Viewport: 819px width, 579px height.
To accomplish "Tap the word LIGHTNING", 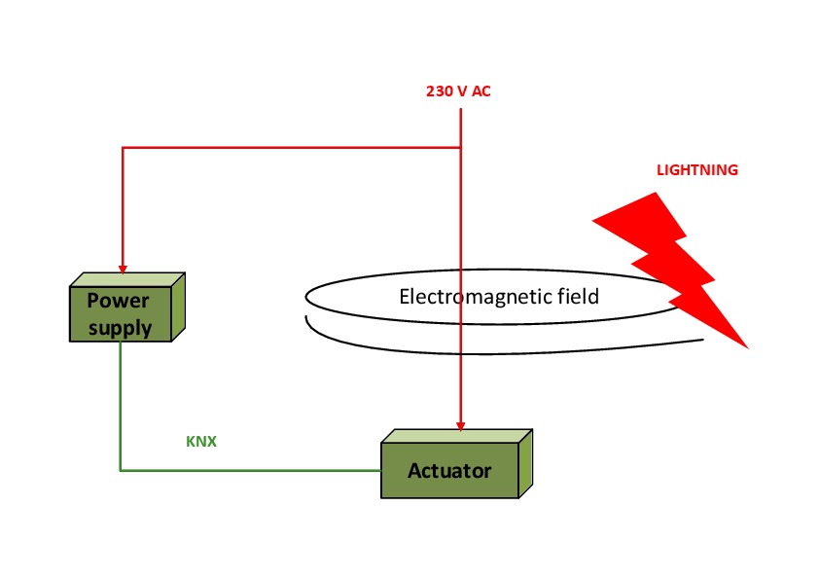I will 696,170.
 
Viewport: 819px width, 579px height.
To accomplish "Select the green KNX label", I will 201,441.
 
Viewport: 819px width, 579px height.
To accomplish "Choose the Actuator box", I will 449,471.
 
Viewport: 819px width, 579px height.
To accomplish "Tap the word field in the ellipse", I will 579,296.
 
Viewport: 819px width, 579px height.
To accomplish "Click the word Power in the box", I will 121,301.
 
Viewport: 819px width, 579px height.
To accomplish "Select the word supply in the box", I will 121,327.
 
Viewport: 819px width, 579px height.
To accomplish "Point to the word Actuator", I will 449,471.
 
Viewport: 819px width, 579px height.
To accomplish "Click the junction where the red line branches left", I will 461,148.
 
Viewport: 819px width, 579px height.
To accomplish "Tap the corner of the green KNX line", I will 121,471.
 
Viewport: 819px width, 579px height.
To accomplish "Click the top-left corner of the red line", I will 122,148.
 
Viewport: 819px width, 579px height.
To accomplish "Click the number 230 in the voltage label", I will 438,91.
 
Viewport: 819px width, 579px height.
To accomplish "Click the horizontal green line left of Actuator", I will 253,471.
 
